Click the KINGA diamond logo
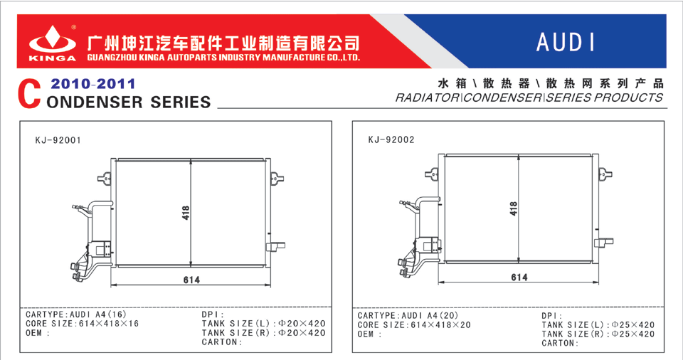point(52,39)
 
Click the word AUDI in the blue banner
point(565,42)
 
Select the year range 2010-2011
point(92,84)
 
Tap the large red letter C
point(29,94)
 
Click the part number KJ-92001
point(58,140)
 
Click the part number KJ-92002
point(391,140)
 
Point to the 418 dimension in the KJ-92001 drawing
point(186,213)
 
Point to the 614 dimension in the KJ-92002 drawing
point(519,277)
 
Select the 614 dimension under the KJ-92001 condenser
point(191,280)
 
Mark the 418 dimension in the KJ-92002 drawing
point(514,208)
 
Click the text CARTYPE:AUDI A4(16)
point(76,314)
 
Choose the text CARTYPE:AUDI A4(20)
point(408,316)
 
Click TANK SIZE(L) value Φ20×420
point(302,324)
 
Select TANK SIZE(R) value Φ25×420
point(633,334)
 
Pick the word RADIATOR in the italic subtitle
point(427,97)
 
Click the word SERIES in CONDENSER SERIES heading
point(180,102)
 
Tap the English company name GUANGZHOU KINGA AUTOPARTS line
point(223,57)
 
